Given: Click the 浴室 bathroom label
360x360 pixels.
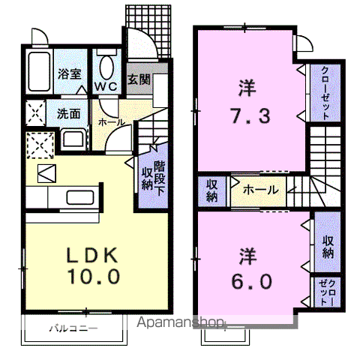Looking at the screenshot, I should tap(70, 73).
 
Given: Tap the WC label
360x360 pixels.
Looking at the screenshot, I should tap(105, 86).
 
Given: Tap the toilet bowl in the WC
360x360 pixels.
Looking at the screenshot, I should tap(105, 67).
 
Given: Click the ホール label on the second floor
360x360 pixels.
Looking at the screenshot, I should tap(260, 190).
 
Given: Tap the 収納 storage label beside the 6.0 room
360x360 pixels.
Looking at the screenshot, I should tap(328, 245).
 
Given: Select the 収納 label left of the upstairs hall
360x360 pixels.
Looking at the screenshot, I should tap(211, 190).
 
